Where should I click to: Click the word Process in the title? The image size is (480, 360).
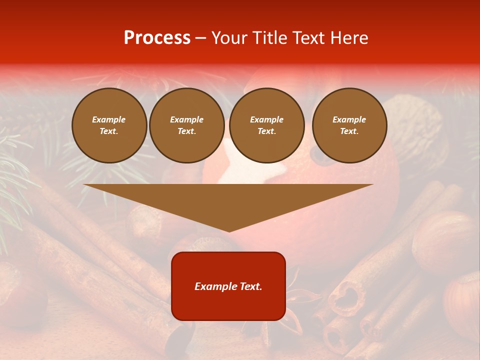click(x=157, y=38)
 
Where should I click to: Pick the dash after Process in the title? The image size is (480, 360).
click(x=200, y=38)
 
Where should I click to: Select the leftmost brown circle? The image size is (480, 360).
click(x=109, y=125)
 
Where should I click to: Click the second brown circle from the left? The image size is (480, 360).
click(x=187, y=125)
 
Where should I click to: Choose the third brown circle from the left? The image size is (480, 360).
click(x=267, y=125)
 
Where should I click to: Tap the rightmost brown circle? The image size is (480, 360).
click(x=349, y=125)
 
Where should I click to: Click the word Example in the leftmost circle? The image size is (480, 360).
click(x=109, y=119)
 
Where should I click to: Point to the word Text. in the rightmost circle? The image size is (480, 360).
click(x=349, y=131)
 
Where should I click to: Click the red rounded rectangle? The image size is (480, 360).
click(x=228, y=286)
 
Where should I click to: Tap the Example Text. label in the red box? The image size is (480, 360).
click(x=228, y=286)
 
